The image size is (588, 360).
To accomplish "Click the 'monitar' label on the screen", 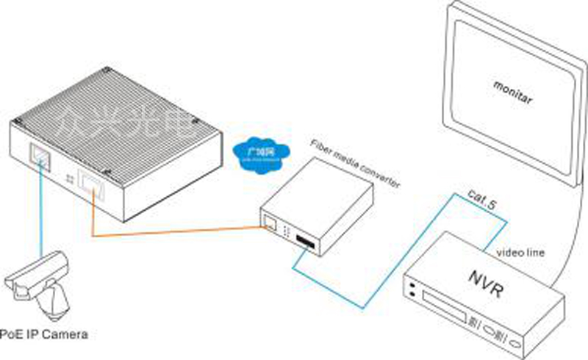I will point(512,96).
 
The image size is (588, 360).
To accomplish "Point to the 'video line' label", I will point(520,253).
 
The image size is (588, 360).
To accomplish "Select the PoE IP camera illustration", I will point(40,283).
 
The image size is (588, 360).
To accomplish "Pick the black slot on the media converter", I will point(304,241).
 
